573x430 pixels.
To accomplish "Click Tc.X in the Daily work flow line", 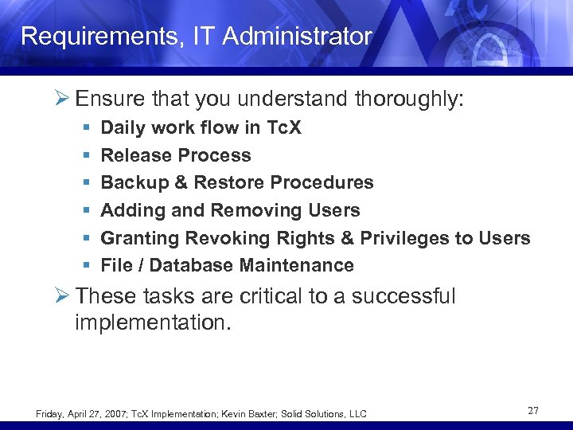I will click(283, 127).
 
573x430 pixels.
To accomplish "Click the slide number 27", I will click(532, 411).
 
